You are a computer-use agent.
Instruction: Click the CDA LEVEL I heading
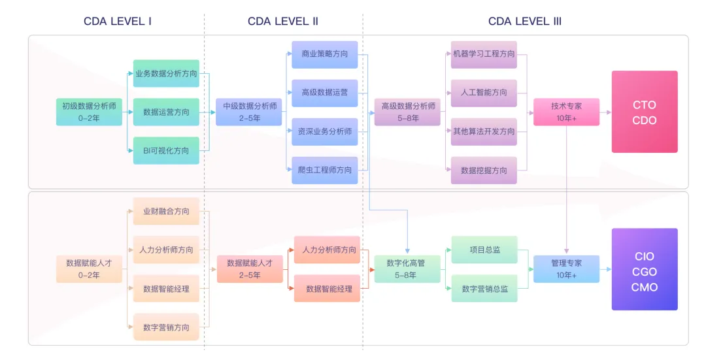coord(118,21)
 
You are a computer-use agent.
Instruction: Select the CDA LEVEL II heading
coord(283,21)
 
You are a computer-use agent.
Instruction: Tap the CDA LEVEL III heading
coord(525,21)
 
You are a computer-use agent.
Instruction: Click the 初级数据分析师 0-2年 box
coord(89,112)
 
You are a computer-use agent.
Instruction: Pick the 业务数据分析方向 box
coord(166,74)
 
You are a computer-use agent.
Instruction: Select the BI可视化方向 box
coord(166,150)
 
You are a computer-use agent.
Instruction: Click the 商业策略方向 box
coord(325,54)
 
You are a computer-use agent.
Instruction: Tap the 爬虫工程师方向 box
coord(325,170)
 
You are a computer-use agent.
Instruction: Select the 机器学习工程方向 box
coord(484,54)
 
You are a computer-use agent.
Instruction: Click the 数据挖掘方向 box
coord(484,170)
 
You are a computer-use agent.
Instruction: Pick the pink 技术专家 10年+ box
coord(566,112)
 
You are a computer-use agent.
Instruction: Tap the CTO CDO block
coord(645,112)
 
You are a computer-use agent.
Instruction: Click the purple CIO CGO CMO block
coord(645,269)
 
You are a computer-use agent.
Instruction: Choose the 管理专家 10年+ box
coord(566,269)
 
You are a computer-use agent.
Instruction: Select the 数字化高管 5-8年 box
coord(406,269)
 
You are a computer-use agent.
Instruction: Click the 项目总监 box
coord(484,250)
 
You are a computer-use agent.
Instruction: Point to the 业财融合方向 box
coord(166,211)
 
